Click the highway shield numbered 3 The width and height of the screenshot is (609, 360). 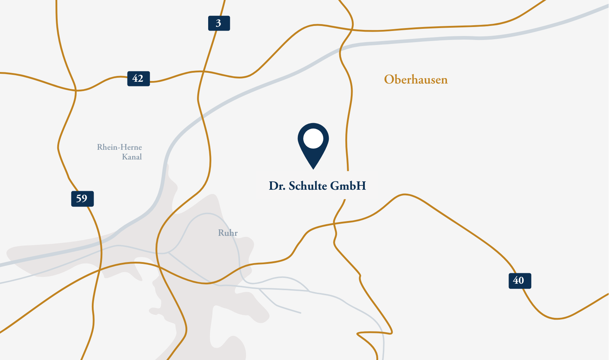point(219,23)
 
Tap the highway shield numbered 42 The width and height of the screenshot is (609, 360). point(138,78)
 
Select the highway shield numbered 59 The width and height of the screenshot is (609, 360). point(82,199)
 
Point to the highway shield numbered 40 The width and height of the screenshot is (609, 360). point(519,281)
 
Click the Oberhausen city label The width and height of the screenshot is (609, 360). point(416,80)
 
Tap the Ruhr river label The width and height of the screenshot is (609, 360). point(228,233)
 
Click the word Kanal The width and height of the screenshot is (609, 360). point(132,157)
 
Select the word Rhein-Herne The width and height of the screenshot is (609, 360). point(119,147)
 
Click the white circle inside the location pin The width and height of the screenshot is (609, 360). point(313,139)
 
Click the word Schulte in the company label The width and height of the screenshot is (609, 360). point(308,186)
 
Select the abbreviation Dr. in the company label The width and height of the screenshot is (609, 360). point(277,186)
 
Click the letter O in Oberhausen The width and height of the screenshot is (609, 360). point(389,80)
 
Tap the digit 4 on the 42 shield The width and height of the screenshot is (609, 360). point(135,78)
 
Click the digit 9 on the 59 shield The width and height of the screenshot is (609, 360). point(84,199)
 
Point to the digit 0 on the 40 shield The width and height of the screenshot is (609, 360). point(521,281)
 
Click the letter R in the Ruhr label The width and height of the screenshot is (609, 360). point(221,233)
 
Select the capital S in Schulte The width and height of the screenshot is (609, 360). point(292,186)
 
